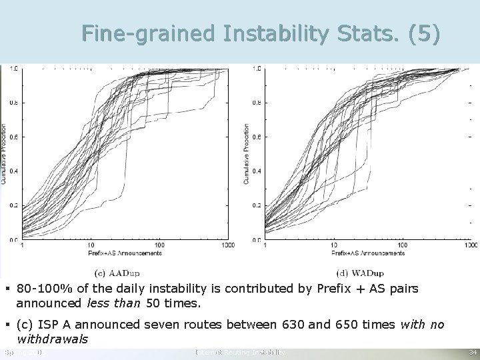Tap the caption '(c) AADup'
coord(117,272)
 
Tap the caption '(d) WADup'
coord(361,272)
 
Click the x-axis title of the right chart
coord(369,253)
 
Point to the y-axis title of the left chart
coord(4,153)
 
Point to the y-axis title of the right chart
coord(247,153)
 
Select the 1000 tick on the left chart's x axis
coord(227,245)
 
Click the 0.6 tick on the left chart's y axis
coord(13,137)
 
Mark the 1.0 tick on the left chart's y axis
coord(13,69)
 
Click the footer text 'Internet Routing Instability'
coord(239,352)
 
